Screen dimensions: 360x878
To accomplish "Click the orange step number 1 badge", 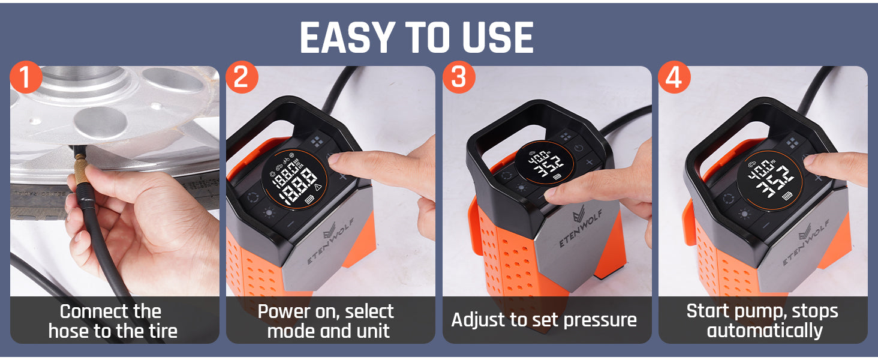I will [x=26, y=79].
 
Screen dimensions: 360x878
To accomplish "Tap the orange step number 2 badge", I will [x=242, y=79].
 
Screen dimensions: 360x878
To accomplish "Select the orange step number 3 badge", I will [x=459, y=79].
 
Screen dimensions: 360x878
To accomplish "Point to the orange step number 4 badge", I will [x=675, y=79].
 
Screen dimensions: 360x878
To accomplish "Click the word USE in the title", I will [x=498, y=38].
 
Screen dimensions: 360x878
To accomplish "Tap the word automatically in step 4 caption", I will [x=765, y=331].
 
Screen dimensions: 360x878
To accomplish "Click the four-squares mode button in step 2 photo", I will [x=317, y=142].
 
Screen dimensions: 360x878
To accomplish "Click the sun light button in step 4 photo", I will [x=745, y=214].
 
